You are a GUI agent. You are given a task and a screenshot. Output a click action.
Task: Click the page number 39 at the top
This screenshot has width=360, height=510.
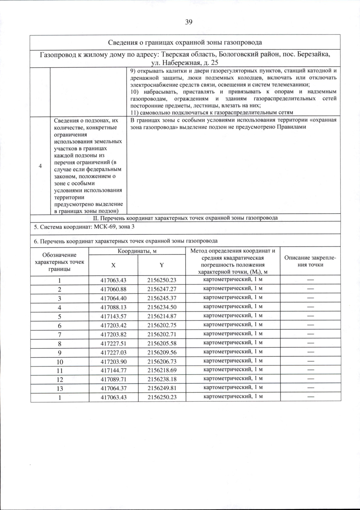(x=189, y=22)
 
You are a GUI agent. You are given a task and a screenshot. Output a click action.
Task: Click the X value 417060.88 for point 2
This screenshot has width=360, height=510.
(x=113, y=289)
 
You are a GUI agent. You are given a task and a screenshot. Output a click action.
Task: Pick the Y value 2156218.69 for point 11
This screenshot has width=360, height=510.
(x=162, y=370)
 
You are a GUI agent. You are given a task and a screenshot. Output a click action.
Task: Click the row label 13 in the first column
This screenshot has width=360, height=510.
(x=60, y=388)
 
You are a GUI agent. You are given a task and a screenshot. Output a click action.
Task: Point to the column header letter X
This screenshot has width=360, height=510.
(x=113, y=265)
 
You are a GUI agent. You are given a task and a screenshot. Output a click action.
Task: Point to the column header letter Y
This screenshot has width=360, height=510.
(x=161, y=265)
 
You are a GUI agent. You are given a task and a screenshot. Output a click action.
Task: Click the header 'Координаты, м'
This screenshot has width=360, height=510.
(x=137, y=251)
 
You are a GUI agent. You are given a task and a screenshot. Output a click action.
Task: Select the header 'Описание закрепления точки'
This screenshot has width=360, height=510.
(x=310, y=261)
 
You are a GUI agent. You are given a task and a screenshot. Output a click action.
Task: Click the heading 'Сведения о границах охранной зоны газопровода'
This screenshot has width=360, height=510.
(x=185, y=42)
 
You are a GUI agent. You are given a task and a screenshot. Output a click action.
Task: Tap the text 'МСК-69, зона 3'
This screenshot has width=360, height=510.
(x=114, y=227)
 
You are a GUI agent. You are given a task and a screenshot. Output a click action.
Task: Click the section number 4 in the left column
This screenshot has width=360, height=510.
(x=40, y=166)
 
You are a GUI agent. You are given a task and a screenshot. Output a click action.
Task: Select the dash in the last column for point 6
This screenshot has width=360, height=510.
(x=310, y=325)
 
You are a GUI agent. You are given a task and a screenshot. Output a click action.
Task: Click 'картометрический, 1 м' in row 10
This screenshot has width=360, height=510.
(x=233, y=360)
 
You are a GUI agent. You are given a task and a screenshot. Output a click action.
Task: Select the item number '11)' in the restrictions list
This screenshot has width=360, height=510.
(x=135, y=112)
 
